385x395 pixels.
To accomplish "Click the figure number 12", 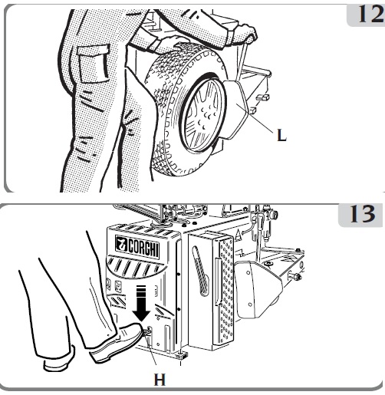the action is (x=371, y=15).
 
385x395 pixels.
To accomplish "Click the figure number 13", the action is (x=363, y=214).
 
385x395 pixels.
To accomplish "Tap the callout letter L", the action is (x=281, y=135).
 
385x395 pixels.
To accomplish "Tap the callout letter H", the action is (x=160, y=379).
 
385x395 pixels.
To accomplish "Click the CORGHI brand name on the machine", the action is (x=143, y=247).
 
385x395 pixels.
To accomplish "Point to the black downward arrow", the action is (x=142, y=303).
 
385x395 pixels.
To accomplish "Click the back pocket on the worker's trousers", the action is (x=94, y=64).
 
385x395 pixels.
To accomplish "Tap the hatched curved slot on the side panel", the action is (x=201, y=271).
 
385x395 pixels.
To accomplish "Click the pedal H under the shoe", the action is (x=146, y=332).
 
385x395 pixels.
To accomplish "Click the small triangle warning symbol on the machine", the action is (x=238, y=235).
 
